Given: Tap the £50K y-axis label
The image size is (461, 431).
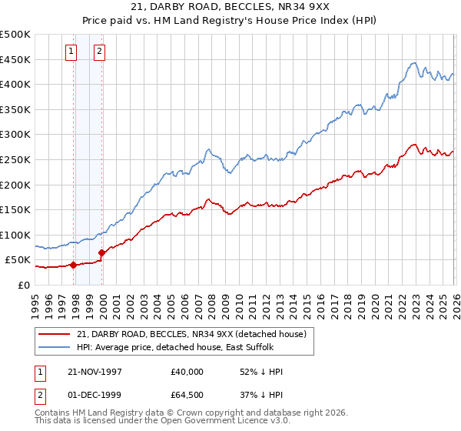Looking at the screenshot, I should tap(18, 260).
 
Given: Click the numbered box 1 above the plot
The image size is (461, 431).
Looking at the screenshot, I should tap(71, 52).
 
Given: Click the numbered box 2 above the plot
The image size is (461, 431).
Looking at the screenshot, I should tap(100, 52).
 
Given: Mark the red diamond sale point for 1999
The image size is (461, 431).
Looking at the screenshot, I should tap(101, 252).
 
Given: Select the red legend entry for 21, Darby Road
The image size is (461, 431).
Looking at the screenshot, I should tap(192, 334).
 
